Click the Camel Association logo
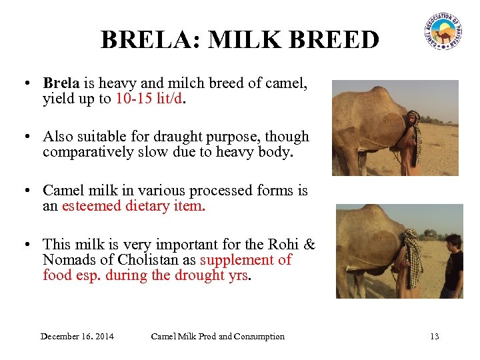pos(442,31)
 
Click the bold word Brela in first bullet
pos(61,84)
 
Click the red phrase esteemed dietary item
pos(133,206)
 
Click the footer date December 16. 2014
pos(77,336)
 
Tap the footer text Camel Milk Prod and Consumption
pos(217,336)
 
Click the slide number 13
pos(434,336)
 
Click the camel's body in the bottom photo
pos(367,240)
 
